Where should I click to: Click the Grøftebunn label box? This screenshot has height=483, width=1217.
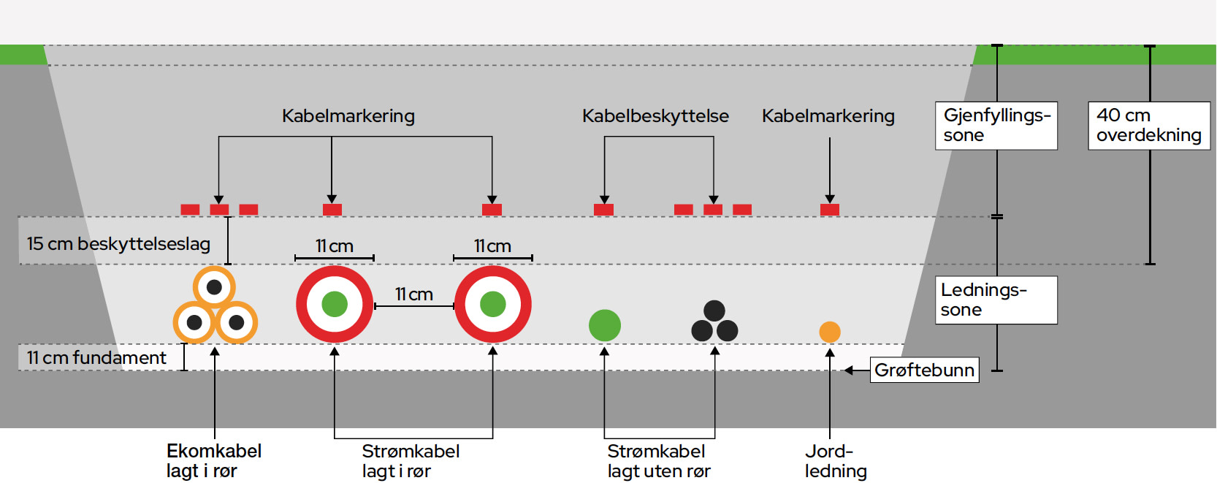coord(924,370)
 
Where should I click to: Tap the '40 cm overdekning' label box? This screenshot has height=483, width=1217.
coord(1149,126)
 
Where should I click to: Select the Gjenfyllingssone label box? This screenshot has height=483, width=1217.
coord(996,126)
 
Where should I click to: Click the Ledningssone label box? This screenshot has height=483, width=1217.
coord(996,300)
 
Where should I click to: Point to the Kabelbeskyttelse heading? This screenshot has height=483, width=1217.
coord(655,115)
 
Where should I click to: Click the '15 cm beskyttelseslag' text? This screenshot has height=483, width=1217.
coord(118,244)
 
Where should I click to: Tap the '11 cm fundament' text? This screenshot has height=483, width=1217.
coord(96,357)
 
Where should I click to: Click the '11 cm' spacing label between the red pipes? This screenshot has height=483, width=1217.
coord(414,294)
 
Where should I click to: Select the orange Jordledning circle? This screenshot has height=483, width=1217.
coord(830,332)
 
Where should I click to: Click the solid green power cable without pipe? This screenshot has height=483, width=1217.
coord(605,325)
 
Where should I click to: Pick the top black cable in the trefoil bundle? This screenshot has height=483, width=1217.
coord(714,311)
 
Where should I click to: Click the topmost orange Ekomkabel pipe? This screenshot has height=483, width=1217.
coord(214,287)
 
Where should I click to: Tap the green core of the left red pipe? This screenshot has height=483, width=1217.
coord(335,304)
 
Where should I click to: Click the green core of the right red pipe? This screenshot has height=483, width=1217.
coord(493,304)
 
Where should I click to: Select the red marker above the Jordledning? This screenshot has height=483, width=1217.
coord(830,210)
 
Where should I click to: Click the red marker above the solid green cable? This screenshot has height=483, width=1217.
coord(603,210)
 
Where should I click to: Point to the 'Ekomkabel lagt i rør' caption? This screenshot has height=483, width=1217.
coord(214,461)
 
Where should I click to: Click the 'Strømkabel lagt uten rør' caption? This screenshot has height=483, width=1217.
coord(658,461)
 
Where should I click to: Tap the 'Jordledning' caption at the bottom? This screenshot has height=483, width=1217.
coord(836,461)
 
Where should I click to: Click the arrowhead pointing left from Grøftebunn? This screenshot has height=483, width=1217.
coord(848,370)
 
